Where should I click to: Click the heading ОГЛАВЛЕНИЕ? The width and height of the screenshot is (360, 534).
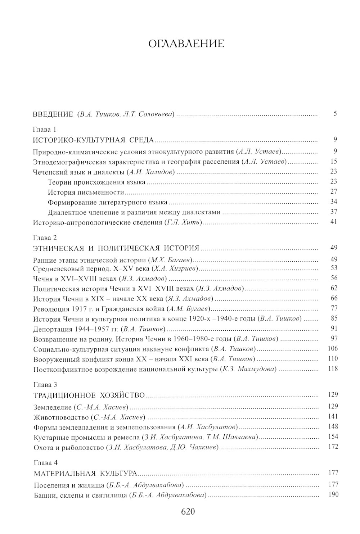[x=186, y=44]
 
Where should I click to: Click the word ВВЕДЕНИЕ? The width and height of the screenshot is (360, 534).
[x=53, y=114]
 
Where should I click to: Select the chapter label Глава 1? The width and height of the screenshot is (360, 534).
[x=45, y=129]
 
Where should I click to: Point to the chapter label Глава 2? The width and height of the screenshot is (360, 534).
[x=45, y=238]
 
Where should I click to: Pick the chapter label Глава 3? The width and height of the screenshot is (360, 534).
[x=45, y=385]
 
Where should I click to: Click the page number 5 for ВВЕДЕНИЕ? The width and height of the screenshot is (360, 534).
[x=335, y=114]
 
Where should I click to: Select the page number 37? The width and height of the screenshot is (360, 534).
[x=333, y=212]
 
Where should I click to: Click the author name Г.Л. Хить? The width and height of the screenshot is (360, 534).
[x=184, y=222]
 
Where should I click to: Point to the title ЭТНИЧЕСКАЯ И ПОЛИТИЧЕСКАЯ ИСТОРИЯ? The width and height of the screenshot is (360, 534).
[x=116, y=248]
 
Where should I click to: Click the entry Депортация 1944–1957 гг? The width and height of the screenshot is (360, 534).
[x=76, y=329]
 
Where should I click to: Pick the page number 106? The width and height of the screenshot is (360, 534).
[x=333, y=348]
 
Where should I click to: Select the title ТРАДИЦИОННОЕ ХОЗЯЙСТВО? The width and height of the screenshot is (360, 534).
[x=89, y=395]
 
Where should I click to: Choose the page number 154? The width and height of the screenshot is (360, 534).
[x=333, y=436]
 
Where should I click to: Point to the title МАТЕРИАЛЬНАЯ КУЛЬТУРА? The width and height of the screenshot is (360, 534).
[x=86, y=473]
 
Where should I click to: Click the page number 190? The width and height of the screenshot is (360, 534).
[x=333, y=494]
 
